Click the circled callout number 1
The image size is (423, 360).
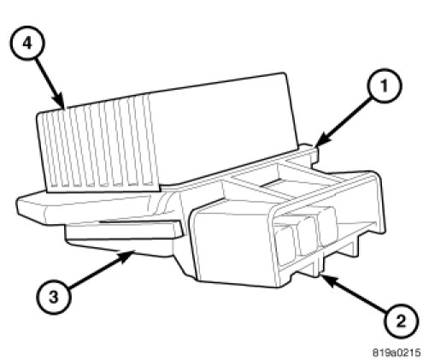click(x=385, y=85)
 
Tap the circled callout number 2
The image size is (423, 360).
click(x=401, y=322)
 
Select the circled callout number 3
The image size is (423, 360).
click(x=54, y=298)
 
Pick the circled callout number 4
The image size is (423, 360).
click(x=27, y=44)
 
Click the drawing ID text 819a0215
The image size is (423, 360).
click(x=397, y=352)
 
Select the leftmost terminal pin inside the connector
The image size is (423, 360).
click(x=285, y=245)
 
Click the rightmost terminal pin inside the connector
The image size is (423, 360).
click(x=328, y=226)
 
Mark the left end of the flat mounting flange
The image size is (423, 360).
click(x=18, y=206)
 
